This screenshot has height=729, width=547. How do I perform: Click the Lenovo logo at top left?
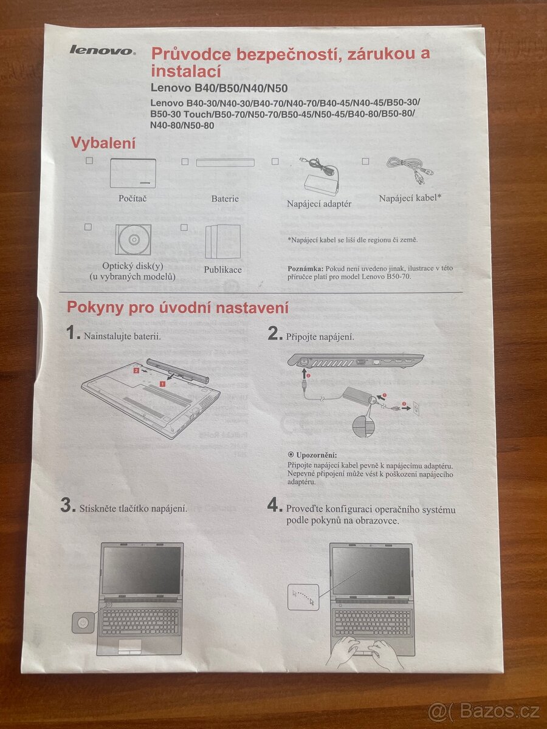tap(102, 50)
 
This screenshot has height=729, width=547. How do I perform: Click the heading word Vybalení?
tap(103, 143)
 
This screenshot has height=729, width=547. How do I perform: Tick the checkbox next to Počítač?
tap(89, 160)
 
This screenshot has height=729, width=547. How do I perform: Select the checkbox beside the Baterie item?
tap(185, 162)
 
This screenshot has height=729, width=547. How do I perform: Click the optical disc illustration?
tap(134, 239)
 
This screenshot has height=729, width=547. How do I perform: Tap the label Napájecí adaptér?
tap(319, 204)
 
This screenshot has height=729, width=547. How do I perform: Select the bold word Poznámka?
tap(306, 268)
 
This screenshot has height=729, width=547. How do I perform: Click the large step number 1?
tap(73, 333)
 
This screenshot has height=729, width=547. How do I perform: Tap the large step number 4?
tap(275, 505)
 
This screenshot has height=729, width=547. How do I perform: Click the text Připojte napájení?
tap(320, 337)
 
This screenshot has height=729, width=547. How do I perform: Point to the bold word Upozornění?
tap(316, 455)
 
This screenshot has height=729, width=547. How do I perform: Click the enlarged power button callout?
tap(83, 623)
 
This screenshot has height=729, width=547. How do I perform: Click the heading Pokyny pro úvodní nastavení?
tap(177, 307)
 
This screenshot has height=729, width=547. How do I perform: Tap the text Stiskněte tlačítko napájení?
tap(132, 508)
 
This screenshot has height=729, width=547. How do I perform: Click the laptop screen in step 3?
tap(141, 569)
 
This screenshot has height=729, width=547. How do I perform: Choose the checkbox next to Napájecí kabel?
tap(365, 161)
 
